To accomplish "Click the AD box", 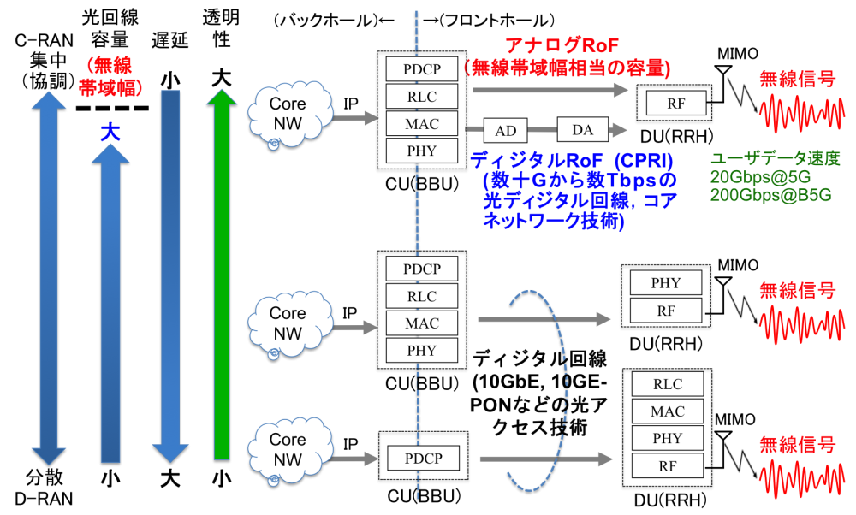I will tap(506, 131).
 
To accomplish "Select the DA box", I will tap(582, 130).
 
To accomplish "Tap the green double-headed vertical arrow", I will tap(222, 274).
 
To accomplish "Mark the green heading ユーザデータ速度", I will tap(775, 159).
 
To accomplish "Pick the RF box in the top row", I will tap(676, 104).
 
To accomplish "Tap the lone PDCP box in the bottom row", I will tap(423, 459).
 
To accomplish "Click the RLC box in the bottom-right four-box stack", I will tap(668, 384).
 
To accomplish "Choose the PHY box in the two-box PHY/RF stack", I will tap(666, 283).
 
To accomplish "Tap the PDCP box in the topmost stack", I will tap(422, 68).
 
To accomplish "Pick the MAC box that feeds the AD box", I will tap(422, 124).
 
